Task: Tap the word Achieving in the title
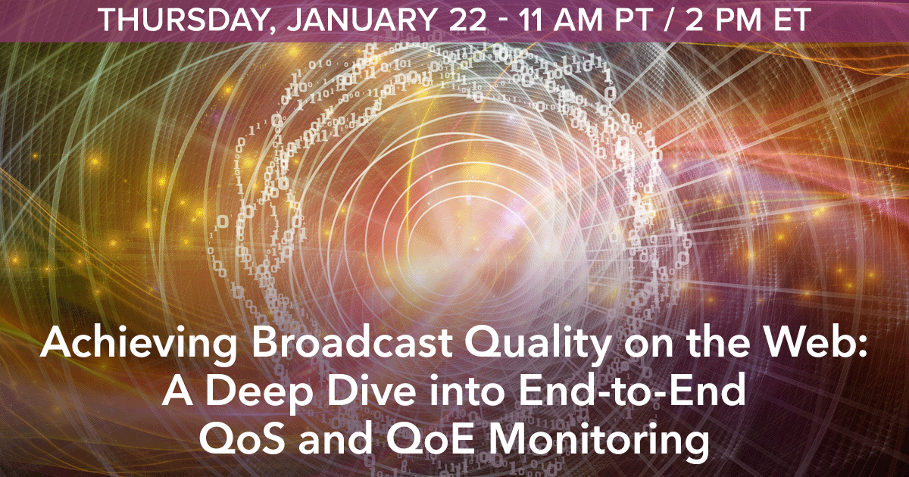(x=139, y=343)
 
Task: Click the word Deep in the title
(x=257, y=394)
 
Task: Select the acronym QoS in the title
(x=242, y=440)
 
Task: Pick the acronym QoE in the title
(x=430, y=440)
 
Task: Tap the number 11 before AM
(x=533, y=20)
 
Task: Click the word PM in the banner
(x=738, y=20)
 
